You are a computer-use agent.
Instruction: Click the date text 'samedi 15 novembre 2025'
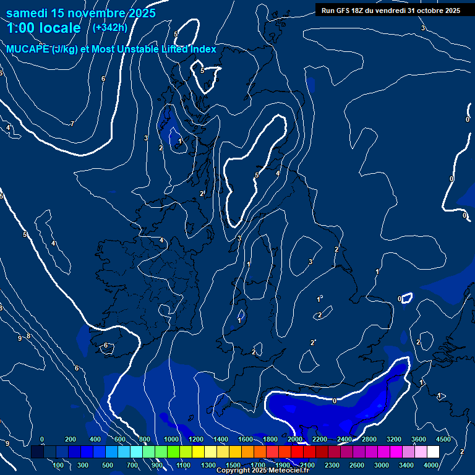click(81, 13)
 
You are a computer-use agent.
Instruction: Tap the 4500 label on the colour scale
click(443, 439)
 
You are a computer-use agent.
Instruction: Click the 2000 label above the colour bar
click(294, 439)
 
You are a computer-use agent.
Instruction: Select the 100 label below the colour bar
click(58, 464)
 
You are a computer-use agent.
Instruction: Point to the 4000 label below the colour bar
click(431, 464)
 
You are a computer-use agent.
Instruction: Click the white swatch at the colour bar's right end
click(433, 451)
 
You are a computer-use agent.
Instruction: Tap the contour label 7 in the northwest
click(72, 124)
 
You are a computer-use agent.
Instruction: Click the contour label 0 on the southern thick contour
click(335, 401)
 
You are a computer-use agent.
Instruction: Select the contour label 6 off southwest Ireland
click(106, 345)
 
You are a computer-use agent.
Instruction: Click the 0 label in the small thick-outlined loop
click(400, 299)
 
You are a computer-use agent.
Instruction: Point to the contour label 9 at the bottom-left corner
click(7, 443)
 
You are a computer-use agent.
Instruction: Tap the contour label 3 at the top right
click(423, 28)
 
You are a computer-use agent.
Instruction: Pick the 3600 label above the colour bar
click(418, 439)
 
